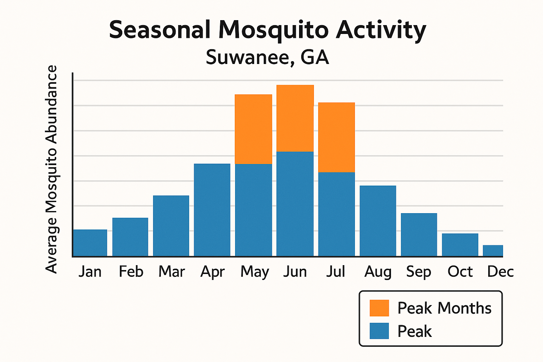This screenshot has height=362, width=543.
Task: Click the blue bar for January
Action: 90,243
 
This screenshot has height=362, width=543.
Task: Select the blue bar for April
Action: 212,210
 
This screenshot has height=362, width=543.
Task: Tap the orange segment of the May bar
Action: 253,129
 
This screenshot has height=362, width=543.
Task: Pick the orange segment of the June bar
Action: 295,118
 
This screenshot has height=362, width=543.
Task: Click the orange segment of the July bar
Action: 337,137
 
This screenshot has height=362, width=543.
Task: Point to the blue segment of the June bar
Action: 295,204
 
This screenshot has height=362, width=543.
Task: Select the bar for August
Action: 378,221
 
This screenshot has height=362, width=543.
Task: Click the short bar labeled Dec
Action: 493,251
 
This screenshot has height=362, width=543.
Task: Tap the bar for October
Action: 460,245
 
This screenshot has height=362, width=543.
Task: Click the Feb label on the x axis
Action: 131,272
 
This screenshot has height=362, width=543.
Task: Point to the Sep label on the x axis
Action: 419,272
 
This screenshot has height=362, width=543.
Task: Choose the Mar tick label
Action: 171,272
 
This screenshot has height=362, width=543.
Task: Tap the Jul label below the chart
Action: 335,272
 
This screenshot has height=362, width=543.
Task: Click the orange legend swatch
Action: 379,308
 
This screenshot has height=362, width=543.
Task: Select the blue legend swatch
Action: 379,331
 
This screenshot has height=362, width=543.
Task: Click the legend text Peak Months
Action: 444,308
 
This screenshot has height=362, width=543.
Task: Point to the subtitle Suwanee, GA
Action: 268,57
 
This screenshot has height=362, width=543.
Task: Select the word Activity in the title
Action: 381,30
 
